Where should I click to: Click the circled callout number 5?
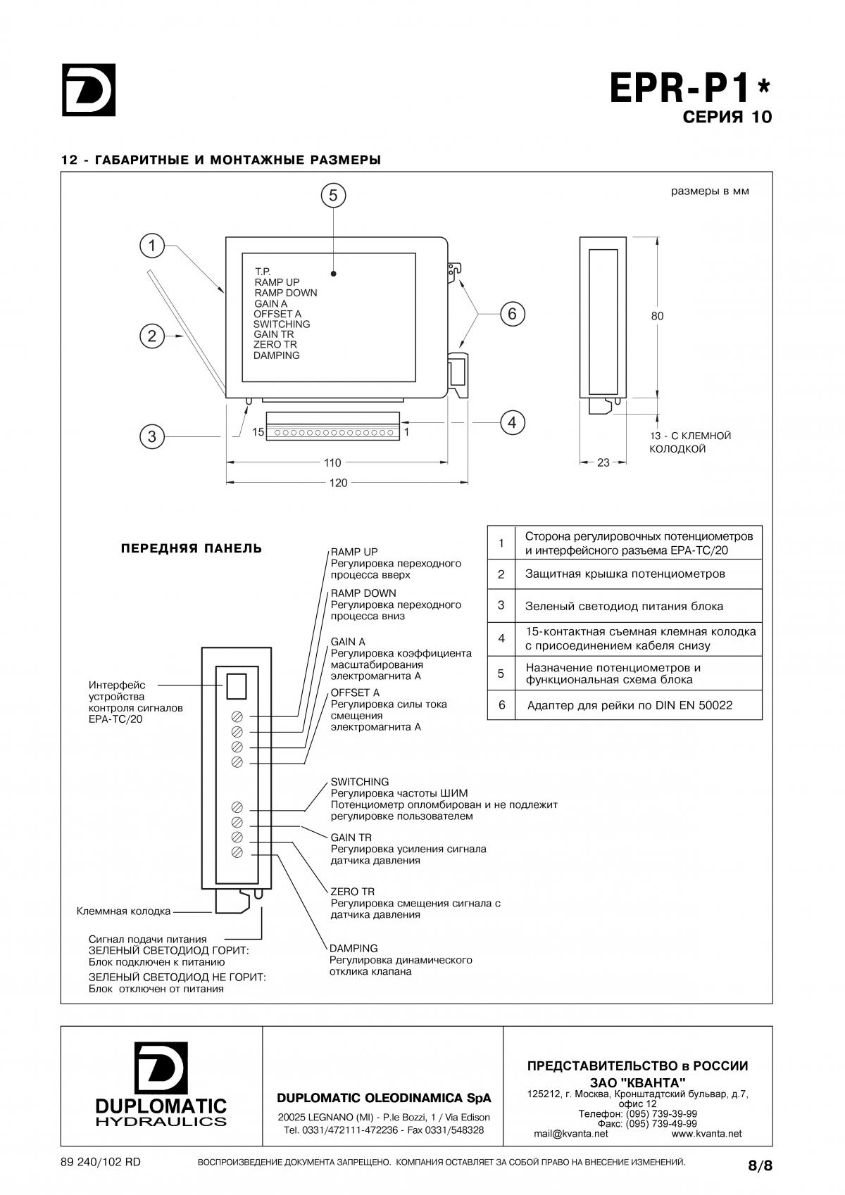[x=333, y=196]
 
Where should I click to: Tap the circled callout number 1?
[x=152, y=246]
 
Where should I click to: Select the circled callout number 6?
[x=513, y=314]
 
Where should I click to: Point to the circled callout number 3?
[x=152, y=436]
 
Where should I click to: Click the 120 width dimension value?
[x=339, y=483]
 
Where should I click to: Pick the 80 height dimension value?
[x=657, y=316]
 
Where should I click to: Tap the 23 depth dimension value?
[x=603, y=462]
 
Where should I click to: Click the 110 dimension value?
[x=332, y=462]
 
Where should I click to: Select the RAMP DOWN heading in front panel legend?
[x=363, y=593]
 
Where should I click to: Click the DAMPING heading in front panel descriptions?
[x=353, y=949]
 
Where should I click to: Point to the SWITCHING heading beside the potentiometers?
[x=360, y=782]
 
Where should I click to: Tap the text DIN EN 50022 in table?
[x=694, y=705]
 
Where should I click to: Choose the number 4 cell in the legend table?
[x=501, y=638]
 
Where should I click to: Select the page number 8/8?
[x=760, y=1166]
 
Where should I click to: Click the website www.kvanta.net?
[x=706, y=1134]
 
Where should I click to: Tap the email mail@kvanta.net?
[x=570, y=1134]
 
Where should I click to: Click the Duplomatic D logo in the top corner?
[x=89, y=89]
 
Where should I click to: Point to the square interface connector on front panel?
[x=237, y=687]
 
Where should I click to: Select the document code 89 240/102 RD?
[x=101, y=1163]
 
